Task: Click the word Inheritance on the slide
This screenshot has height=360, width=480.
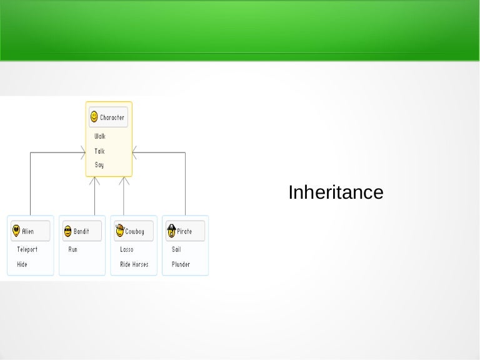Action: tap(336, 192)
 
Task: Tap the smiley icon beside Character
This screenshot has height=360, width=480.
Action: tap(94, 116)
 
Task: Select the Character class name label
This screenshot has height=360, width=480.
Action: tap(112, 117)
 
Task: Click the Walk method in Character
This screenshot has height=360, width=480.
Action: tap(100, 136)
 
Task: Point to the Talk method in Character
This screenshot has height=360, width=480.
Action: tap(99, 151)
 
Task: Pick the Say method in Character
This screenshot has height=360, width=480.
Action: tap(99, 165)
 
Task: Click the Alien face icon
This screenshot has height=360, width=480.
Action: tap(16, 231)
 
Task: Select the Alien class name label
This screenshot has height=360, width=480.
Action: tap(28, 232)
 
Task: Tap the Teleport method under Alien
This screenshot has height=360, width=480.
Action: tap(27, 249)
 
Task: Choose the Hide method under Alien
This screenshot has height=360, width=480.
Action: tap(22, 264)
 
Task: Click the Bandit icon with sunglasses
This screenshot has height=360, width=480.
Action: tap(67, 231)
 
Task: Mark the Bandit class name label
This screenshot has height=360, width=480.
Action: tap(81, 232)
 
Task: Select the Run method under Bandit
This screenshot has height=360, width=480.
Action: tap(73, 249)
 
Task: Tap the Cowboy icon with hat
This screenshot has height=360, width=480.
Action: tap(119, 231)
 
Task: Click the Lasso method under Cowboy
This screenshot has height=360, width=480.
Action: tap(127, 249)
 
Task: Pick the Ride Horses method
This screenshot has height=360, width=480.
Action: tap(134, 264)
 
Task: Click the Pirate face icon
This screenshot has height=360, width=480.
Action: tap(171, 231)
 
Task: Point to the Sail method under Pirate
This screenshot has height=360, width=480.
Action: tap(177, 249)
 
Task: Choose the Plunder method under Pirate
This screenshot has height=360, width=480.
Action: tap(181, 264)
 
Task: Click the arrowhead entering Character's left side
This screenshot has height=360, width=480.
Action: tap(82, 152)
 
